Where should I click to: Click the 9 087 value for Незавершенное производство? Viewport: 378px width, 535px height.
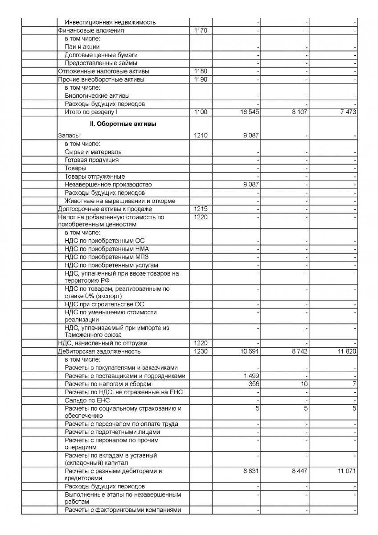pos(251,185)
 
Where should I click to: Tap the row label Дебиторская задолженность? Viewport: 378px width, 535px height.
pos(99,352)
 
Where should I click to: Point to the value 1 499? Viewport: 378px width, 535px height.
pos(251,376)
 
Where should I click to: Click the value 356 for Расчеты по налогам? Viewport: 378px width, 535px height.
pos(254,384)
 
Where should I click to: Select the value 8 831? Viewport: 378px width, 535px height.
pos(251,471)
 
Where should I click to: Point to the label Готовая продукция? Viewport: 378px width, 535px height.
pos(91,160)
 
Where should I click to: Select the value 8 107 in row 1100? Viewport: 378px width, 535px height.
pos(300,112)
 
